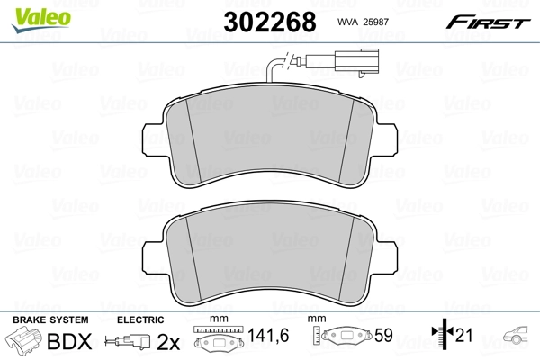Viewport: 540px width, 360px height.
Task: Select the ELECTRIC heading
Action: (x=139, y=319)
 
